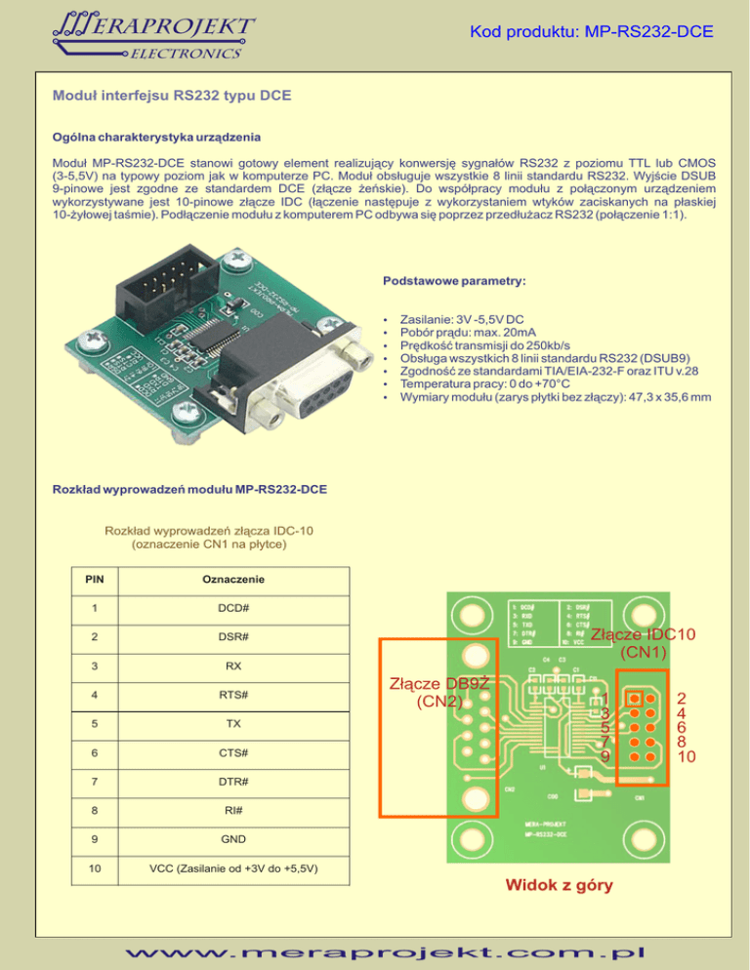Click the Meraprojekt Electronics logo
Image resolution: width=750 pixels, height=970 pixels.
(151, 33)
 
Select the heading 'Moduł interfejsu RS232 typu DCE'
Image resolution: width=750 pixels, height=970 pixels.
(171, 97)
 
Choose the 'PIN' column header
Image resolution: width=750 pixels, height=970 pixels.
(95, 580)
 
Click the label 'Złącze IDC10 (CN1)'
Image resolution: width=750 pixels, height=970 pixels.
(644, 643)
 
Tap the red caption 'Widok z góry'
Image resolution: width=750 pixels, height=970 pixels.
(560, 886)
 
